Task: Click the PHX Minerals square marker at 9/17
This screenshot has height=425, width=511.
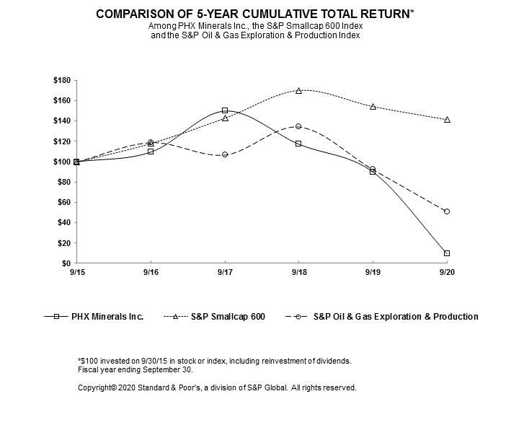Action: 225,110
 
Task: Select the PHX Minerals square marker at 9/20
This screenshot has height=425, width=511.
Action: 447,253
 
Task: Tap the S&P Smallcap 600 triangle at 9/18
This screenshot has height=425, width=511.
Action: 299,91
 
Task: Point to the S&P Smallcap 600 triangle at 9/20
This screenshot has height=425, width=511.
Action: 447,120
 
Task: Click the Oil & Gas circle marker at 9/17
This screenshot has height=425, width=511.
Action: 225,154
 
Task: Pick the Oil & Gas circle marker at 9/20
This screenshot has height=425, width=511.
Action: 447,211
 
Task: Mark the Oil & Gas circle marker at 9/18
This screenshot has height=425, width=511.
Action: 298,126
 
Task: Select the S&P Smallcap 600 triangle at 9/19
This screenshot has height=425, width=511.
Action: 373,107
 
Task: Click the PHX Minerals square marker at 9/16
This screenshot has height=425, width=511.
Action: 151,152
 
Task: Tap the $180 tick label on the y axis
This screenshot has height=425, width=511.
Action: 62,80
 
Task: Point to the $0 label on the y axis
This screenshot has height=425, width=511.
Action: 66,263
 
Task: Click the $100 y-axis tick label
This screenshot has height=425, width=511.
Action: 62,162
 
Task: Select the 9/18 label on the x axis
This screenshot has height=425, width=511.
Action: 299,272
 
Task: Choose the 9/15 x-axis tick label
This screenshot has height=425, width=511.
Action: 77,272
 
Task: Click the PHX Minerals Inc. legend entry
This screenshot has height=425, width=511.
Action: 94,316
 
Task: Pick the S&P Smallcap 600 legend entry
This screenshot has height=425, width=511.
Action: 214,316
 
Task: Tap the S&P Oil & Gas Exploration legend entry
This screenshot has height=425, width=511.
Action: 381,316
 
